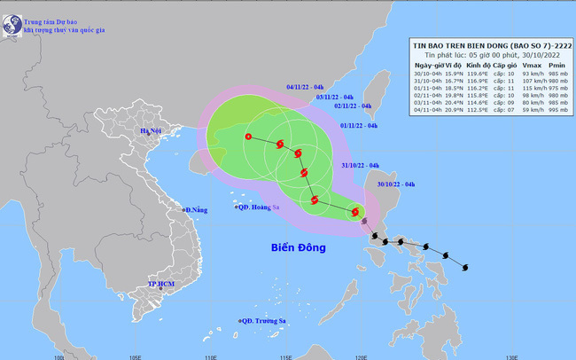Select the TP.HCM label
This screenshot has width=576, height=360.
[x=161, y=286]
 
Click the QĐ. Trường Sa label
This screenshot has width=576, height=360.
[x=267, y=321]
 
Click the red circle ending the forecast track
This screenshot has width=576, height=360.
[x=248, y=137]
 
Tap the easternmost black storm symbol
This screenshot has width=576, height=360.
[x=465, y=267]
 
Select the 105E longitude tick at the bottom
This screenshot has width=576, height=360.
[x=135, y=356]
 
